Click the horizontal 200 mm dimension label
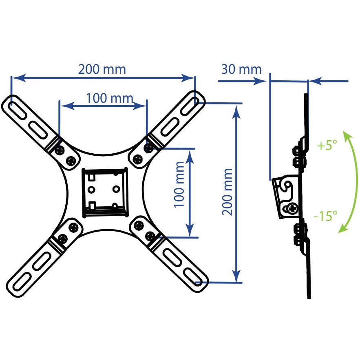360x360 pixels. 102,69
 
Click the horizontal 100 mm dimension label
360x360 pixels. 110,98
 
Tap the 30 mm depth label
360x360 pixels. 241,69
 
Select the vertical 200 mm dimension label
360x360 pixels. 227,192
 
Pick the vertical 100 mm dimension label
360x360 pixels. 179,185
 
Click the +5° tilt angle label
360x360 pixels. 327,145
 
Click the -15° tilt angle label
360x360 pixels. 326,216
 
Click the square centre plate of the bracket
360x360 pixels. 105,192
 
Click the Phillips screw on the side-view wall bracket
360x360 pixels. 292,209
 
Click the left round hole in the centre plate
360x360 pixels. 92,190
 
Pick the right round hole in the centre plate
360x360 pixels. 116,189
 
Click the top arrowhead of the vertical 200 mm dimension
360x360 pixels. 236,112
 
